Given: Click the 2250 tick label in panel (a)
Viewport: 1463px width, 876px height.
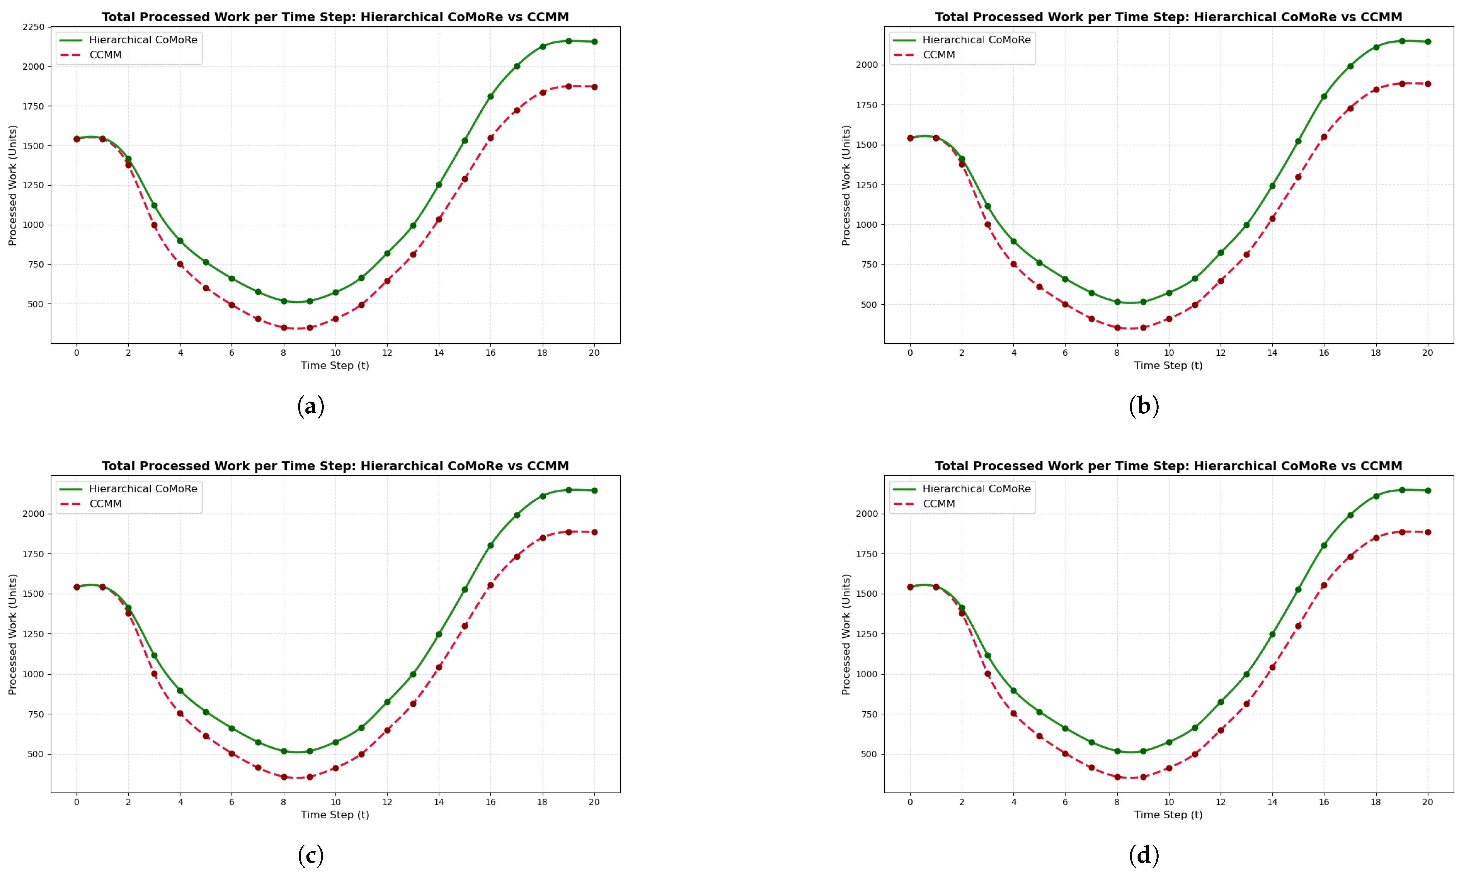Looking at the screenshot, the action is pos(33,27).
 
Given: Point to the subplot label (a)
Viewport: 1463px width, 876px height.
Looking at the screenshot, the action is pos(311,406).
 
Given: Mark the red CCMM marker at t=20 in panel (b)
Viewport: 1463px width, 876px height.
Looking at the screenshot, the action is pos(1428,84).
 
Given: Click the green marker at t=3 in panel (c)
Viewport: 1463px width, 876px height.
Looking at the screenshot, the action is pos(154,655).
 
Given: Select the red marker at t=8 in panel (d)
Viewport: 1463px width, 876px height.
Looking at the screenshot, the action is pos(1117,777).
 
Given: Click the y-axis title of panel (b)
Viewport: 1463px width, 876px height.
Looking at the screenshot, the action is pos(846,185).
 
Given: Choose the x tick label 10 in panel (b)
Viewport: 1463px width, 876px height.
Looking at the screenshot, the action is pos(1169,353).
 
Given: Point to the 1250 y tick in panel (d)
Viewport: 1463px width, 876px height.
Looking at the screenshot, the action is pos(866,634).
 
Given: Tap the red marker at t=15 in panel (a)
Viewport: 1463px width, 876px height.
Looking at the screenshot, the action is pos(464,179).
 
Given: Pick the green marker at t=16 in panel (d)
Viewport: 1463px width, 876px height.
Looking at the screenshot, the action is pos(1324,545).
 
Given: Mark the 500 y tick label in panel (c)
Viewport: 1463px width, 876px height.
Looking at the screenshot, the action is pos(35,754).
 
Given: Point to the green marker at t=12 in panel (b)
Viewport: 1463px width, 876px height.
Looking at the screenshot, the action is pos(1220,253).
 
